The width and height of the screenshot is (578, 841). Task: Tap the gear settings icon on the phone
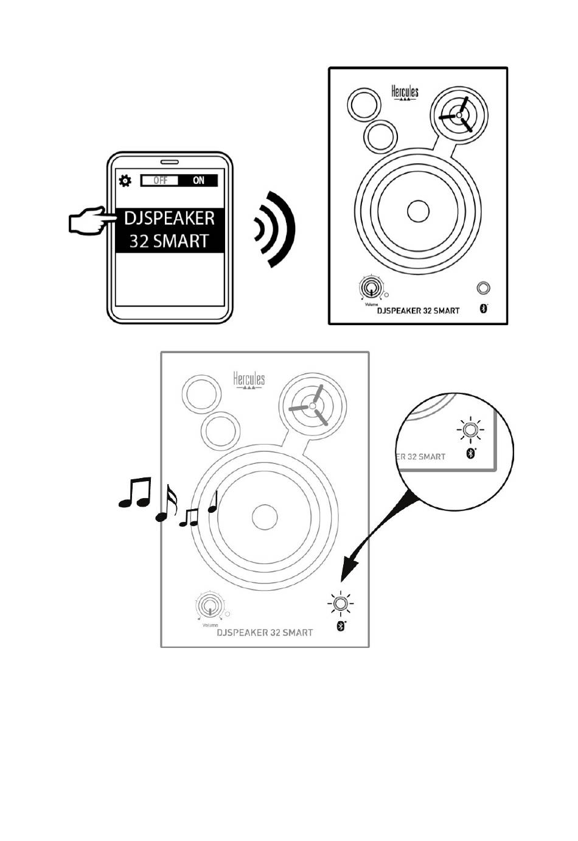point(125,180)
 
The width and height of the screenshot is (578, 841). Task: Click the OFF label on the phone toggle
point(160,180)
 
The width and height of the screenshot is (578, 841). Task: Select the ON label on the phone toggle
point(198,180)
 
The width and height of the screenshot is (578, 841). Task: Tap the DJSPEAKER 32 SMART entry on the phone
point(170,230)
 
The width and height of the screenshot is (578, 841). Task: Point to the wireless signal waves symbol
point(276,229)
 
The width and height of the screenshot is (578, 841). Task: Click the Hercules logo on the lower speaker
point(249,381)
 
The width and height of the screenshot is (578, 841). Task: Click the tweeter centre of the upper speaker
point(459,114)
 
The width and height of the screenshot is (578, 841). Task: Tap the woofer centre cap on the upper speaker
point(418,211)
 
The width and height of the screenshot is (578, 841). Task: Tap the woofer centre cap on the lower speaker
point(263,516)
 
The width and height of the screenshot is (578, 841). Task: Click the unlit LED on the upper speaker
point(483,288)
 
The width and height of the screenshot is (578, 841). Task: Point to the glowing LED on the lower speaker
point(341,604)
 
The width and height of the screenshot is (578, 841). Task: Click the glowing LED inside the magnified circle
point(470,431)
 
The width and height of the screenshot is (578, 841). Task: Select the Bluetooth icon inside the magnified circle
point(470,453)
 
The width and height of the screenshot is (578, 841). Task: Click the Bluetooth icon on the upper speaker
point(484,309)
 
